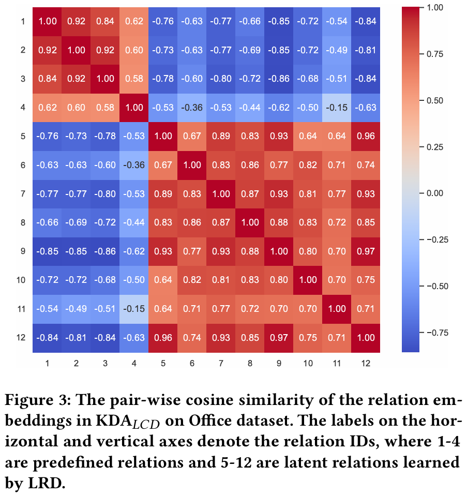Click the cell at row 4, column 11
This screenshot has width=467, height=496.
click(337, 108)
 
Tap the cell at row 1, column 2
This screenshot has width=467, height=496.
click(76, 22)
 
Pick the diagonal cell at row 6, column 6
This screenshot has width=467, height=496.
click(192, 166)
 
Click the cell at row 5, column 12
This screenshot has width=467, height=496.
click(366, 137)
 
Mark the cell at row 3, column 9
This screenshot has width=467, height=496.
click(279, 79)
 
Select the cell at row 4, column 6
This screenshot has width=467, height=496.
click(192, 108)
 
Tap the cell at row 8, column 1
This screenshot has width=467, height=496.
click(47, 223)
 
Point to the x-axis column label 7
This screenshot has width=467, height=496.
click(221, 363)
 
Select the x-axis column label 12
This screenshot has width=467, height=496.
click(366, 363)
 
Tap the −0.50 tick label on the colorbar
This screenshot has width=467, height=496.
click(436, 285)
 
